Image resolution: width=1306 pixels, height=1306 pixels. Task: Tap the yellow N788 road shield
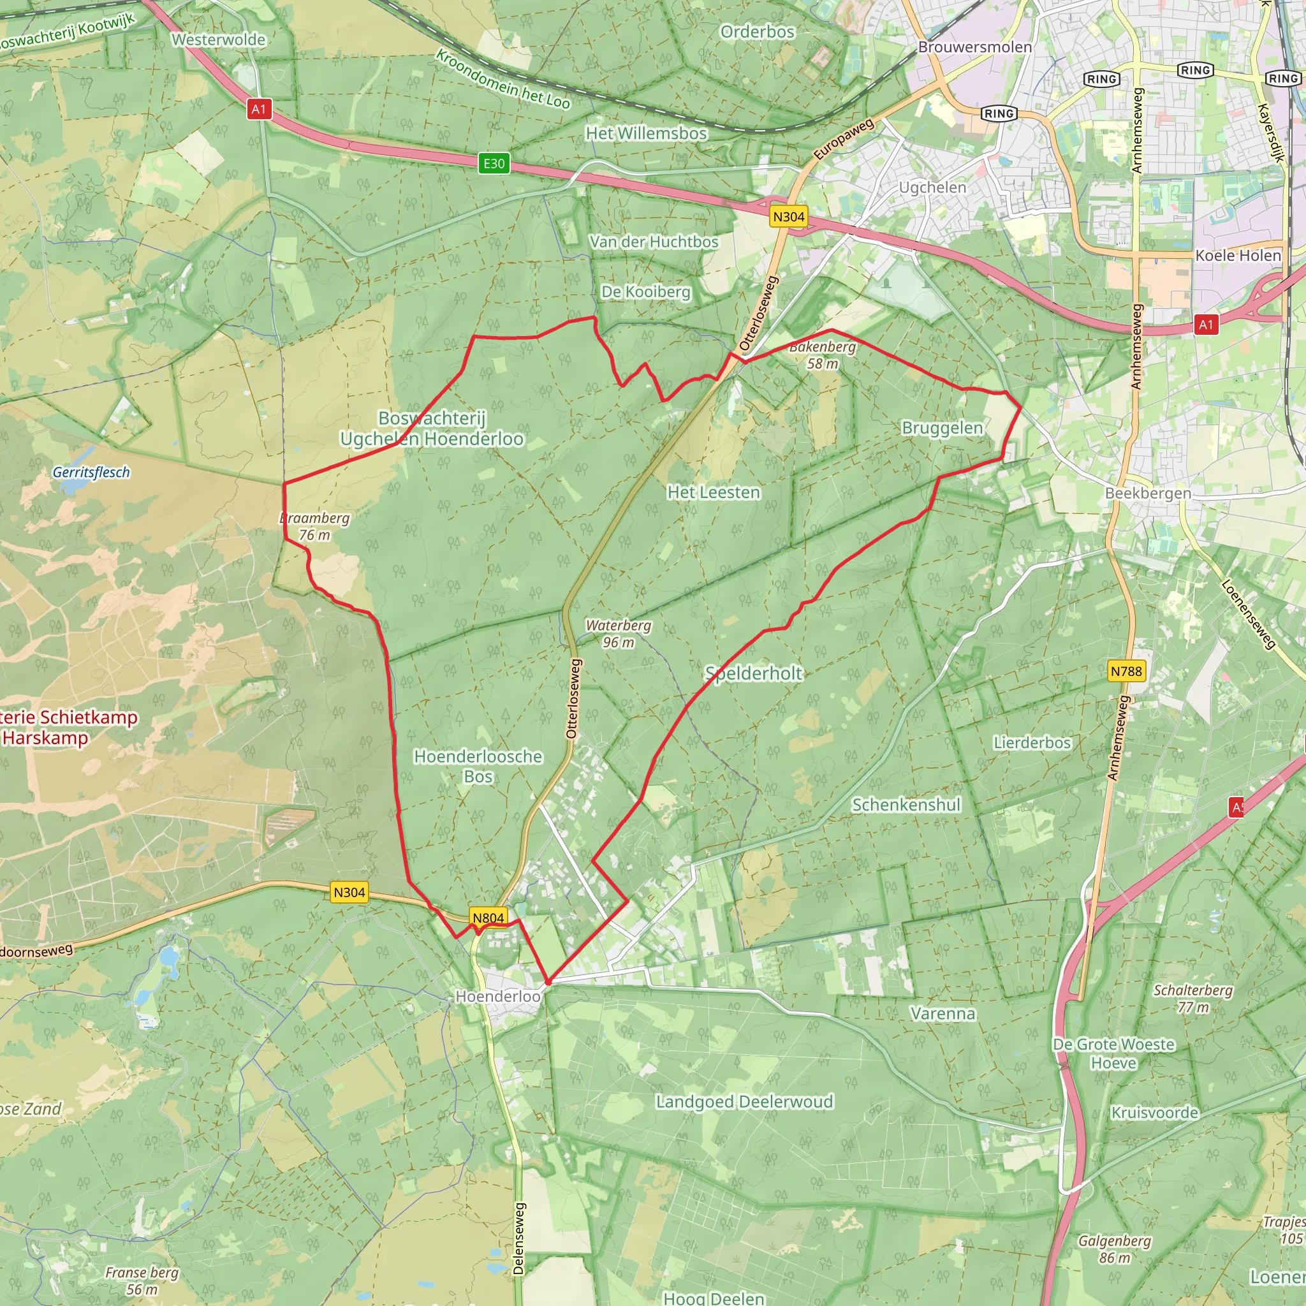coord(1126,671)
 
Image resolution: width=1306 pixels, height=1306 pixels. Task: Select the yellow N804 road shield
coord(488,917)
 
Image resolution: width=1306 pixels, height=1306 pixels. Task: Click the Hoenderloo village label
coord(497,997)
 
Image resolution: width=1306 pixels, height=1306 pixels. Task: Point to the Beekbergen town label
coord(1148,493)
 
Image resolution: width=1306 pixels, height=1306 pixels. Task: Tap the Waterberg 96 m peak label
coord(618,633)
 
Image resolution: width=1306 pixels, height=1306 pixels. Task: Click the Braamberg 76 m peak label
coord(315,526)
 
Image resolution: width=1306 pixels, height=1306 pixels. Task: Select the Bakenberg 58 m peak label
coord(822,355)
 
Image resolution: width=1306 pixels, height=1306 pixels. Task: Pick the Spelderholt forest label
coord(753,673)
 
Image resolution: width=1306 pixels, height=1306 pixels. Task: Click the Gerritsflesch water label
coord(91,472)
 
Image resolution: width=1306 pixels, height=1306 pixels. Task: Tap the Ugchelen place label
coord(932,187)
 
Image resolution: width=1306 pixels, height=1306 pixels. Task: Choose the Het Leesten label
coord(713,492)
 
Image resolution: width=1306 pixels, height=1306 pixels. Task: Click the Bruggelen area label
coord(942,428)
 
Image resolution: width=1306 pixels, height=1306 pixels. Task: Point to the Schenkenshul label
coord(906,804)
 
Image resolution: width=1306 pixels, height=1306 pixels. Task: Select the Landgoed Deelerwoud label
coord(744,1102)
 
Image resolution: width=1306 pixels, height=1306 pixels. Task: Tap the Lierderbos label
coord(1032,743)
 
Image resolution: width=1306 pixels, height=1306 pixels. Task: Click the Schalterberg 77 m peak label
coord(1192,999)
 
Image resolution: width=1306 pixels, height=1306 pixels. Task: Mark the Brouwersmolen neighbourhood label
coord(974,47)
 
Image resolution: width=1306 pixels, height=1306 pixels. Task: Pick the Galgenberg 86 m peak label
coord(1114,1249)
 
